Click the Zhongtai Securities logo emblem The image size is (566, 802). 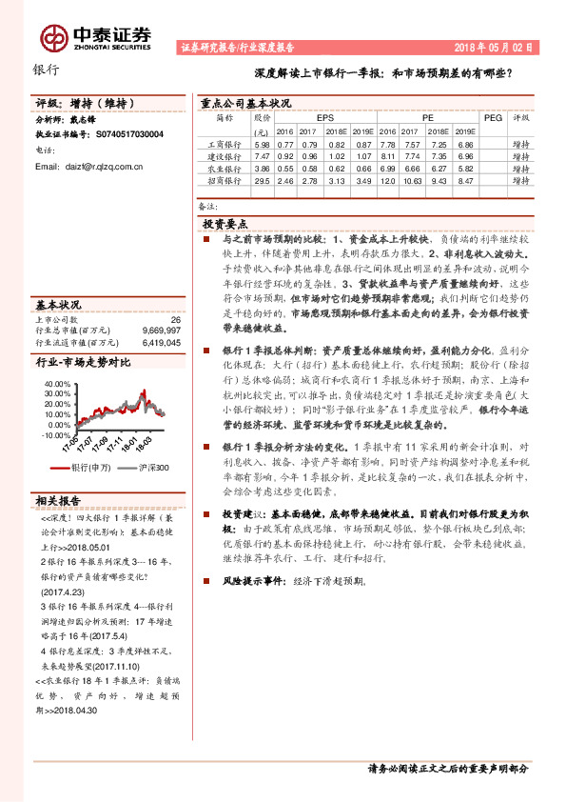(x=53, y=37)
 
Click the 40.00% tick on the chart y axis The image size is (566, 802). (x=56, y=384)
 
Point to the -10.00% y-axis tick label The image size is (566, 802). (x=54, y=434)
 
